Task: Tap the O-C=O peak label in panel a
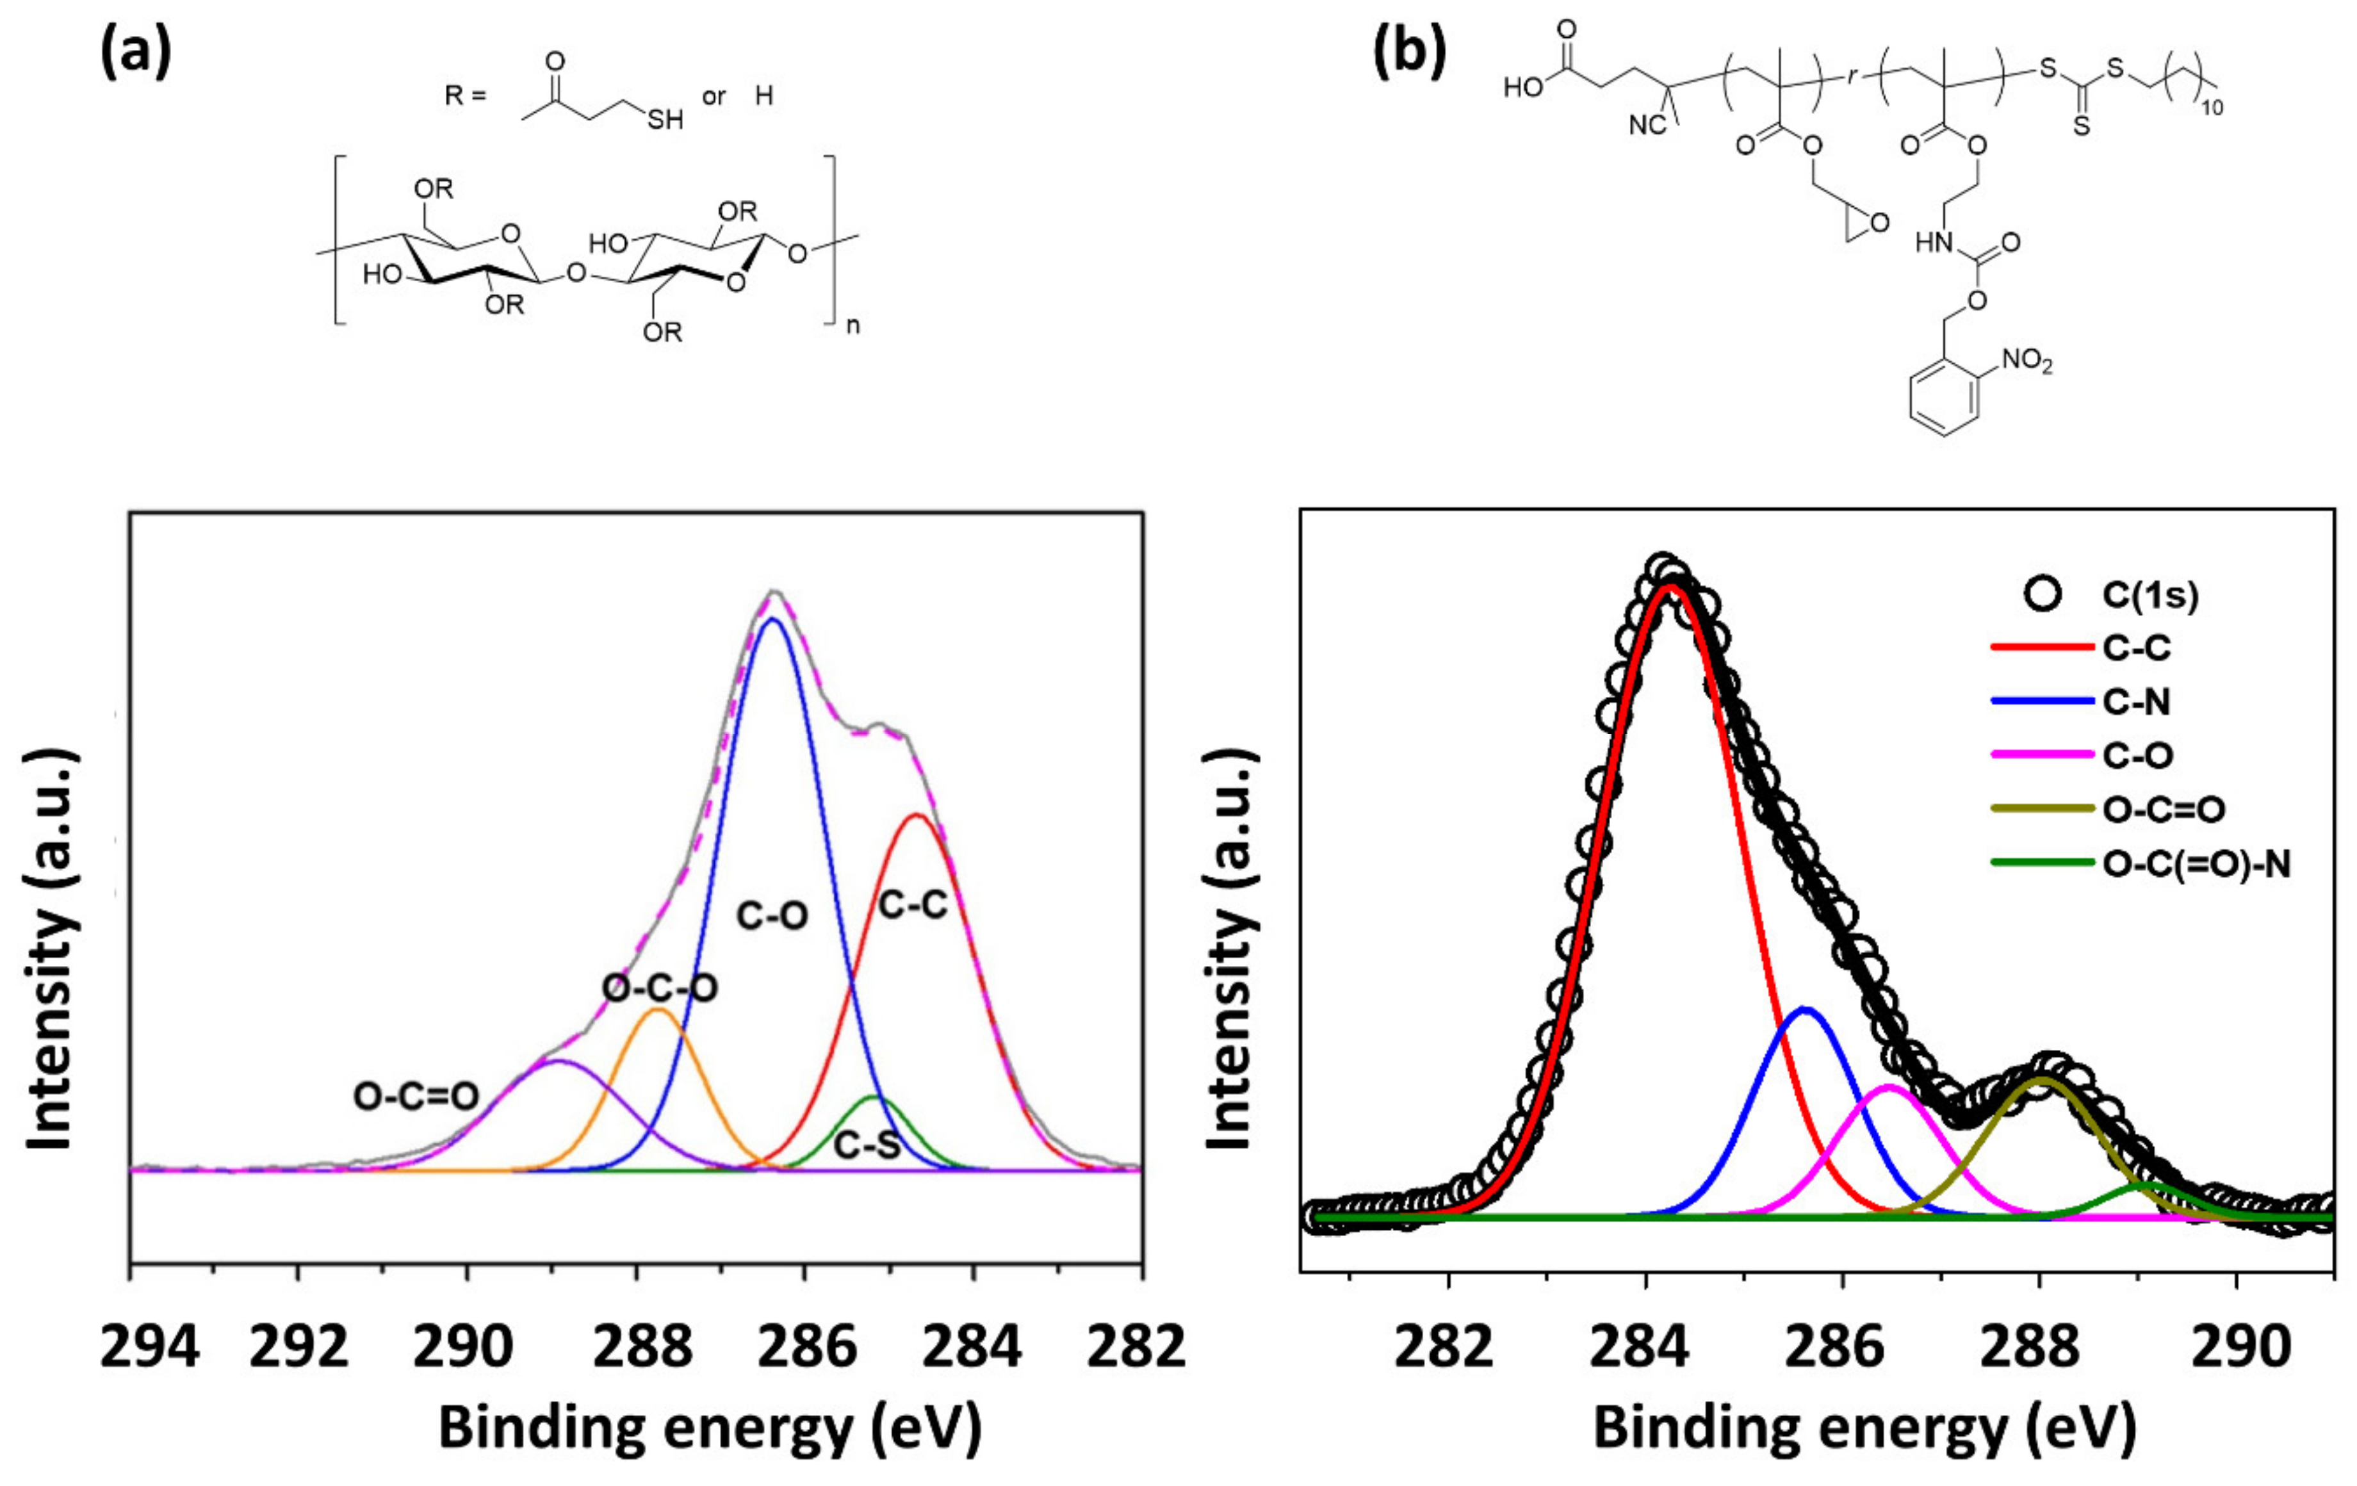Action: pos(416,1097)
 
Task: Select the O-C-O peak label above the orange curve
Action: pos(660,988)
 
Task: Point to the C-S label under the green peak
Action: pos(866,1143)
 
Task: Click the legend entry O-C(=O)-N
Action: pos(2196,863)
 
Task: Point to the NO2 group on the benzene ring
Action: pos(2026,361)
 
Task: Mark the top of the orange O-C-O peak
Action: pos(658,1009)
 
